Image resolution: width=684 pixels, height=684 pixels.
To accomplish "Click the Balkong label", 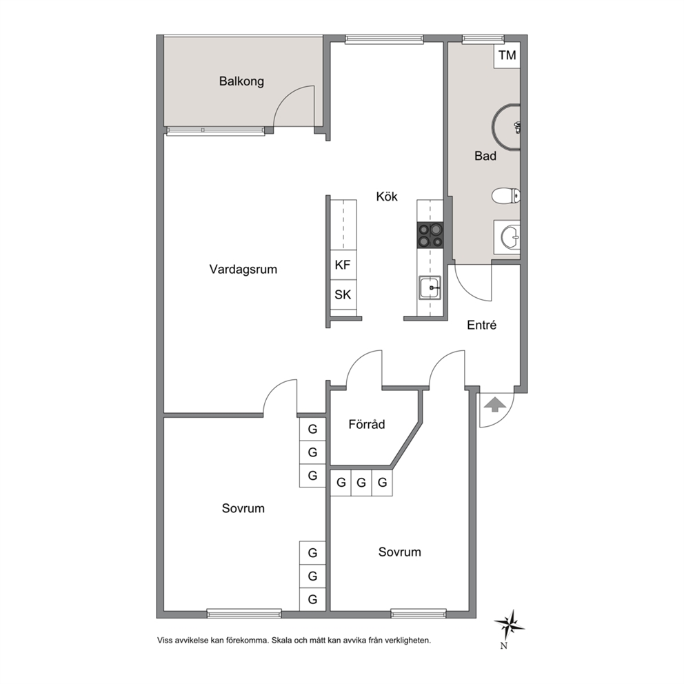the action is (241, 81).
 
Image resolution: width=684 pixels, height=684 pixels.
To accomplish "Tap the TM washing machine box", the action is (507, 55).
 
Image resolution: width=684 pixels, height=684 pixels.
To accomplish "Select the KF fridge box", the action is (343, 265).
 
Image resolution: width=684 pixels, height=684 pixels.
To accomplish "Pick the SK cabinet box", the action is (343, 294).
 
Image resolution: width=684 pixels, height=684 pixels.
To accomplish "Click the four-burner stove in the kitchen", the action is (430, 235).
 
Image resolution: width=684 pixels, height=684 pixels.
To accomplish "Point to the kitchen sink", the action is (430, 288).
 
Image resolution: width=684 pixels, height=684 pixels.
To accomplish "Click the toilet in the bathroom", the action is (506, 196).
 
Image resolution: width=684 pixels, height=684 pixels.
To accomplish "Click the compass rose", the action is (509, 625).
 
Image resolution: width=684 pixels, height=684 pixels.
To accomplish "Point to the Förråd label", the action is (366, 424).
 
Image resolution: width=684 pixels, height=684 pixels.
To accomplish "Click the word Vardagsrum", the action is (243, 269).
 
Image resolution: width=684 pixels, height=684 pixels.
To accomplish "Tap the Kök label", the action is (387, 197).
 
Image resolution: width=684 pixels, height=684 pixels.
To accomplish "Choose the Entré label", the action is (481, 325).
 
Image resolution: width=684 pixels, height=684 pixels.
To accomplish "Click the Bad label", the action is (485, 156).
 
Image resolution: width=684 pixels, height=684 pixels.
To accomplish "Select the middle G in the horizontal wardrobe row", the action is (361, 483).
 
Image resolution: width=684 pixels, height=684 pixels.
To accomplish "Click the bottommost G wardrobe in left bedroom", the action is (312, 599).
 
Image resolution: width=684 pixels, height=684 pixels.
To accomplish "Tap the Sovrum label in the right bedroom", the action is (400, 552).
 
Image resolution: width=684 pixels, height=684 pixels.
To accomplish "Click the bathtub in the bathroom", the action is (506, 127).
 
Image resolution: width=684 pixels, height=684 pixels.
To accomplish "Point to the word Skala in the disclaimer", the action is (281, 641).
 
